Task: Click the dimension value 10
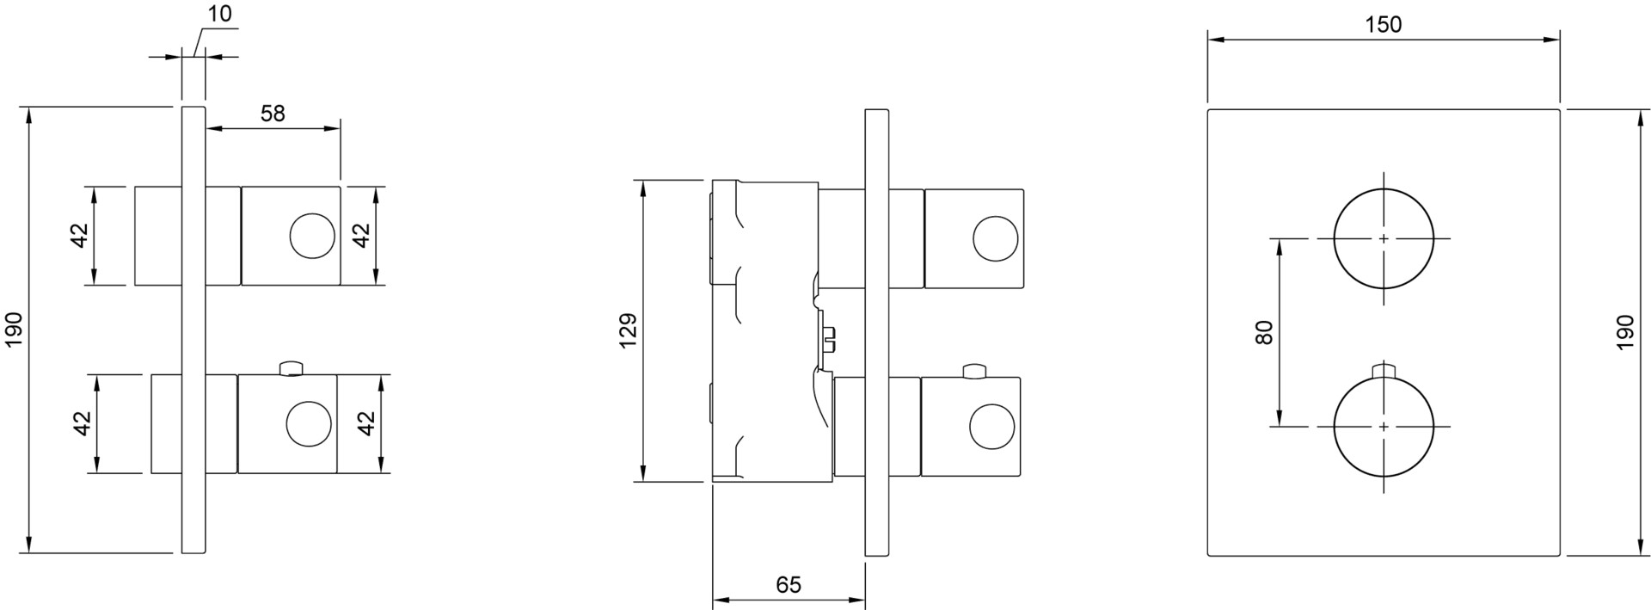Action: tap(219, 15)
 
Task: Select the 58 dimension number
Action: tap(273, 114)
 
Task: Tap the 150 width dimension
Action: tap(1384, 25)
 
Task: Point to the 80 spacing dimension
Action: tap(1263, 332)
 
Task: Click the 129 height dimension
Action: tap(629, 331)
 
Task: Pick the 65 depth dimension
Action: tap(789, 585)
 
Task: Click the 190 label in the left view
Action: tap(15, 330)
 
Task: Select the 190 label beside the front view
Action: tap(1624, 332)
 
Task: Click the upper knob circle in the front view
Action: tap(1384, 238)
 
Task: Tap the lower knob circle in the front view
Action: tap(1384, 427)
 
